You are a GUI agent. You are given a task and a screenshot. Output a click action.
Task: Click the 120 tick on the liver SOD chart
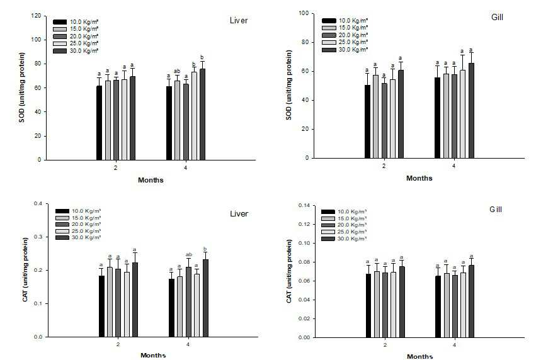tap(36, 16)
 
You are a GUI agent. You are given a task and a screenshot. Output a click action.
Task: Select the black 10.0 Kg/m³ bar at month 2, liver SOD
tap(99, 123)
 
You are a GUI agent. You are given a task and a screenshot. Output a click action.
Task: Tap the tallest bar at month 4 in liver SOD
tap(202, 115)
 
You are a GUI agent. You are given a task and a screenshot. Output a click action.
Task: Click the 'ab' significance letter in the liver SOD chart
tap(177, 71)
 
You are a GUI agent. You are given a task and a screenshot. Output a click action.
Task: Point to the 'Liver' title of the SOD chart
tap(239, 21)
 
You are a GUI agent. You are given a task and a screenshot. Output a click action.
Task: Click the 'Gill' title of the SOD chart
tap(497, 17)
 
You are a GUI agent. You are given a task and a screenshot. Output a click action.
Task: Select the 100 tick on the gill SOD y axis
tap(304, 13)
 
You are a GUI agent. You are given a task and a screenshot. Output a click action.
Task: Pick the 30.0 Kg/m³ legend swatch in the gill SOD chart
tap(329, 50)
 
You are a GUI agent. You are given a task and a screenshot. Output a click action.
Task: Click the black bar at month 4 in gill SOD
tap(438, 118)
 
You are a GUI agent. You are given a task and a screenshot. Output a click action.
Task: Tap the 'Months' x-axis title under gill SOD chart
tap(419, 178)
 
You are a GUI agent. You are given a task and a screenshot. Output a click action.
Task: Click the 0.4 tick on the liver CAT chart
tap(38, 203)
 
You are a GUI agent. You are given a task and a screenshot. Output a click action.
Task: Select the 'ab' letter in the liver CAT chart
tap(189, 254)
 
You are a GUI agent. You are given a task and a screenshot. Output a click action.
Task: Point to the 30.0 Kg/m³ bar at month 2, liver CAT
tap(135, 300)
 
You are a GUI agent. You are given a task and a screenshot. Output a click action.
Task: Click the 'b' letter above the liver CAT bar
tap(205, 249)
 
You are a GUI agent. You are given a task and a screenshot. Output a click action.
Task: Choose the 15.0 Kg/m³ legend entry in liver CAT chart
tap(78, 218)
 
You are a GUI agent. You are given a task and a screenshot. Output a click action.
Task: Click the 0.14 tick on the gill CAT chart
tap(304, 205)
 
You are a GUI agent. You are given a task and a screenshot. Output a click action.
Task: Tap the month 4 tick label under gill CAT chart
tap(454, 345)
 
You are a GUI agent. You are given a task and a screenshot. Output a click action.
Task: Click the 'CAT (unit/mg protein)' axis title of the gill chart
tap(289, 271)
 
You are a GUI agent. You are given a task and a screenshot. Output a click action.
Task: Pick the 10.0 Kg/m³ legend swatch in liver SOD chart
tap(60, 22)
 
